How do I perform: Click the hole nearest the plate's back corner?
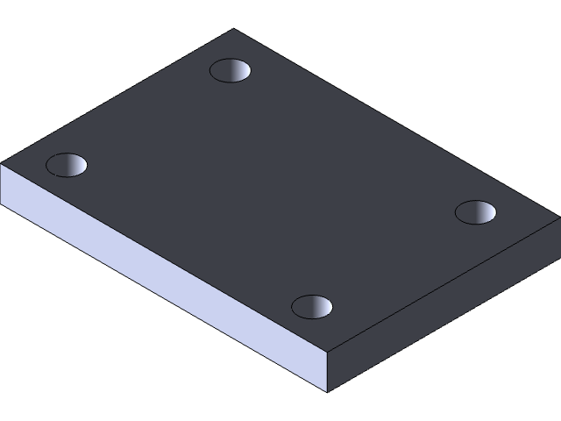[231, 70]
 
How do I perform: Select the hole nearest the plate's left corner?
[67, 164]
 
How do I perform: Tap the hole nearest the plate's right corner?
[476, 212]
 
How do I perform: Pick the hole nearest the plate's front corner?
[312, 307]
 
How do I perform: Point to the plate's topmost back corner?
[234, 30]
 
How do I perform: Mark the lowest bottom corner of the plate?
[327, 392]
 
